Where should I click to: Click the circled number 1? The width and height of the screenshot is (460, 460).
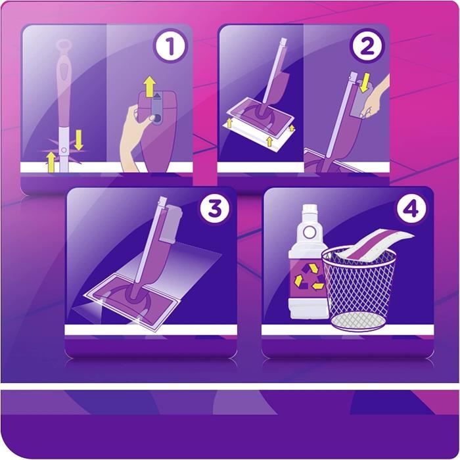pyautogui.click(x=171, y=48)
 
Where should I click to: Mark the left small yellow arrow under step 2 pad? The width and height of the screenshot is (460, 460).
pyautogui.click(x=229, y=123)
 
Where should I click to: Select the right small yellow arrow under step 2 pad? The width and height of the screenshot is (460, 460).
pyautogui.click(x=269, y=141)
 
